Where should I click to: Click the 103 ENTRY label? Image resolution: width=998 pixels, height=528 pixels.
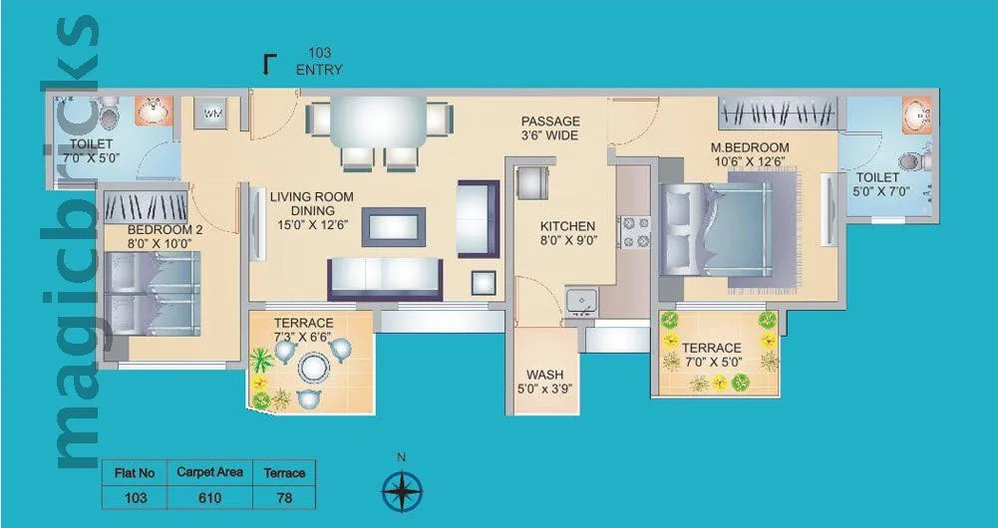[319, 62]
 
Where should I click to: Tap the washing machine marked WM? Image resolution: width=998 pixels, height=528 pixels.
[211, 114]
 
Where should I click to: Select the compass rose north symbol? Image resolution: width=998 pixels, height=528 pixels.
[402, 490]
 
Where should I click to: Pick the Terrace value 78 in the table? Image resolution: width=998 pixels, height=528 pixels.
[284, 496]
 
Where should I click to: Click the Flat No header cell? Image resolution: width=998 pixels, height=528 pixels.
[134, 472]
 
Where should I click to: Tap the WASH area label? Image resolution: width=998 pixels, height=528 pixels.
[545, 383]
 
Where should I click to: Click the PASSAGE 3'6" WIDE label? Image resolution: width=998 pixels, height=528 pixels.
[550, 129]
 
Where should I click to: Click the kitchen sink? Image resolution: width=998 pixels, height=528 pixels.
[578, 299]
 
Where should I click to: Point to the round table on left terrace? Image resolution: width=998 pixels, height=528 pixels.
[312, 368]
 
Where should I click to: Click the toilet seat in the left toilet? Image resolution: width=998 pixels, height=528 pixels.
[110, 110]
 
